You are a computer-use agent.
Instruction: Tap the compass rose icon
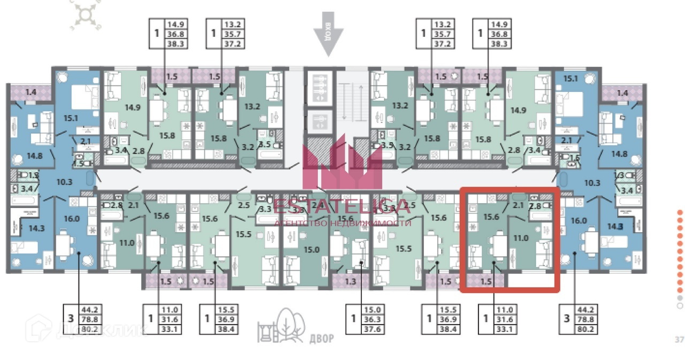tap(84, 14)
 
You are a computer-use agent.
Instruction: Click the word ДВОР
tap(321, 339)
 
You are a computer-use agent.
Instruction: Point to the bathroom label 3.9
tap(387, 145)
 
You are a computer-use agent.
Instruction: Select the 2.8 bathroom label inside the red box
tap(535, 206)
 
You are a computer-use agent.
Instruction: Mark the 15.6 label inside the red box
tap(491, 217)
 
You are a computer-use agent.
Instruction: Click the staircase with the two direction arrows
tap(353, 102)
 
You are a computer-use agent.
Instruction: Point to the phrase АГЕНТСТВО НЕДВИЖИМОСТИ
tap(342, 223)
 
